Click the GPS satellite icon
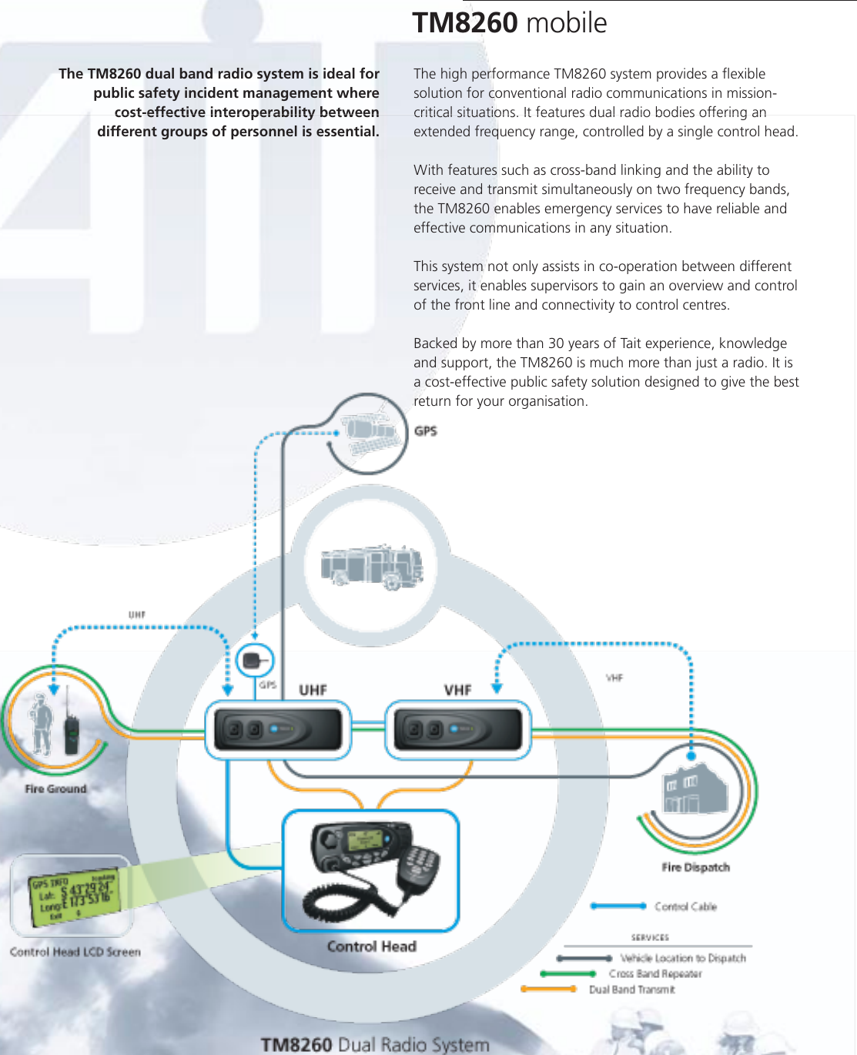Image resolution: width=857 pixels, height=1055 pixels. click(370, 429)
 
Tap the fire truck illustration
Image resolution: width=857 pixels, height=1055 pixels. click(372, 567)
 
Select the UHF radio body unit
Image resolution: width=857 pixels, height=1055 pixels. click(277, 729)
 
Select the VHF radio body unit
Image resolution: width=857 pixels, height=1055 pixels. click(457, 729)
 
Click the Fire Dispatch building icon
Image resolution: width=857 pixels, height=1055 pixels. click(695, 790)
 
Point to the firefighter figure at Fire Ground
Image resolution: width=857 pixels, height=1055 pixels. click(40, 724)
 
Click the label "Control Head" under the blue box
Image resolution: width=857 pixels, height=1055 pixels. click(371, 946)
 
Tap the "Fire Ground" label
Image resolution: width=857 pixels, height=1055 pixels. click(55, 789)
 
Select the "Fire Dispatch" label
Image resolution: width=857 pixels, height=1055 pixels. click(695, 867)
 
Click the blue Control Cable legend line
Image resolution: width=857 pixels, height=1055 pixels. click(618, 906)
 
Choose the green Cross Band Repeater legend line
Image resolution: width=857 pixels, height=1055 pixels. click(567, 974)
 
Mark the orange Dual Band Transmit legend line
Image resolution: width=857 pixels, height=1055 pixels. click(548, 990)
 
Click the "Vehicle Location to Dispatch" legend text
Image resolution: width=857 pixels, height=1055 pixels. click(683, 958)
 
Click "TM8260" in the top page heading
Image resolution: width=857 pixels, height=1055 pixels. click(464, 23)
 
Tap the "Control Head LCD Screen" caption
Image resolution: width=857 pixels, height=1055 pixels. click(75, 952)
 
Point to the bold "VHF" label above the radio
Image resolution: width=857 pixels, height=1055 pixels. click(457, 690)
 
